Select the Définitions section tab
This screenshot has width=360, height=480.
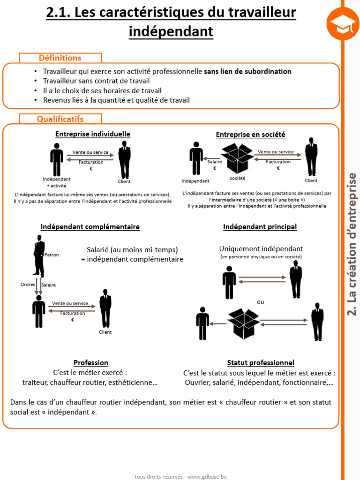60,58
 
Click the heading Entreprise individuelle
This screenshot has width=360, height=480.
93,134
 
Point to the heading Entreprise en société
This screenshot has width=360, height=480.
250,135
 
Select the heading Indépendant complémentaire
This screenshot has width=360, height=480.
90,227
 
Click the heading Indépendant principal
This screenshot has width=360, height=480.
260,227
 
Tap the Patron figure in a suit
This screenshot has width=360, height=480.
39,256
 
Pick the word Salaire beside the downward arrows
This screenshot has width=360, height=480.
49,285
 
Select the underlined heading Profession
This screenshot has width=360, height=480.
91,363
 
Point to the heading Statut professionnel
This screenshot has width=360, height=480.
261,363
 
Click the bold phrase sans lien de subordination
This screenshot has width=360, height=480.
247,72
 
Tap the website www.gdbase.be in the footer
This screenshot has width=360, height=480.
207,476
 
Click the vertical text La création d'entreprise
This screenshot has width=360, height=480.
352,244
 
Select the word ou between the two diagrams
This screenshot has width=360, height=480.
261,302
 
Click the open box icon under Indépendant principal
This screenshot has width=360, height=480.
244,323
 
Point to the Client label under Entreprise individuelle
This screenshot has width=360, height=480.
124,181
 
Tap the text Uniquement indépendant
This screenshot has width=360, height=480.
261,249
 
